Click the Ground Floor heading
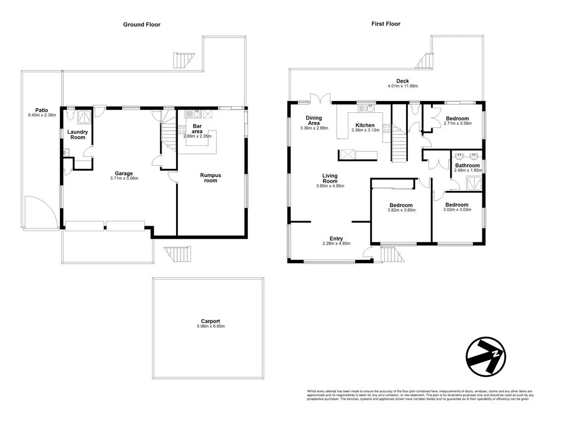(141, 25)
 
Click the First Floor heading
(386, 24)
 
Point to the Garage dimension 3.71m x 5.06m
(124, 179)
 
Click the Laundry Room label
(77, 135)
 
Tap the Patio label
(41, 111)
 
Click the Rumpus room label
(210, 178)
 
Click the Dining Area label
(313, 120)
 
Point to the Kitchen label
(365, 125)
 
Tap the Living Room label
(330, 178)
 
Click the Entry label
(337, 239)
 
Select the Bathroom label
(467, 166)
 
